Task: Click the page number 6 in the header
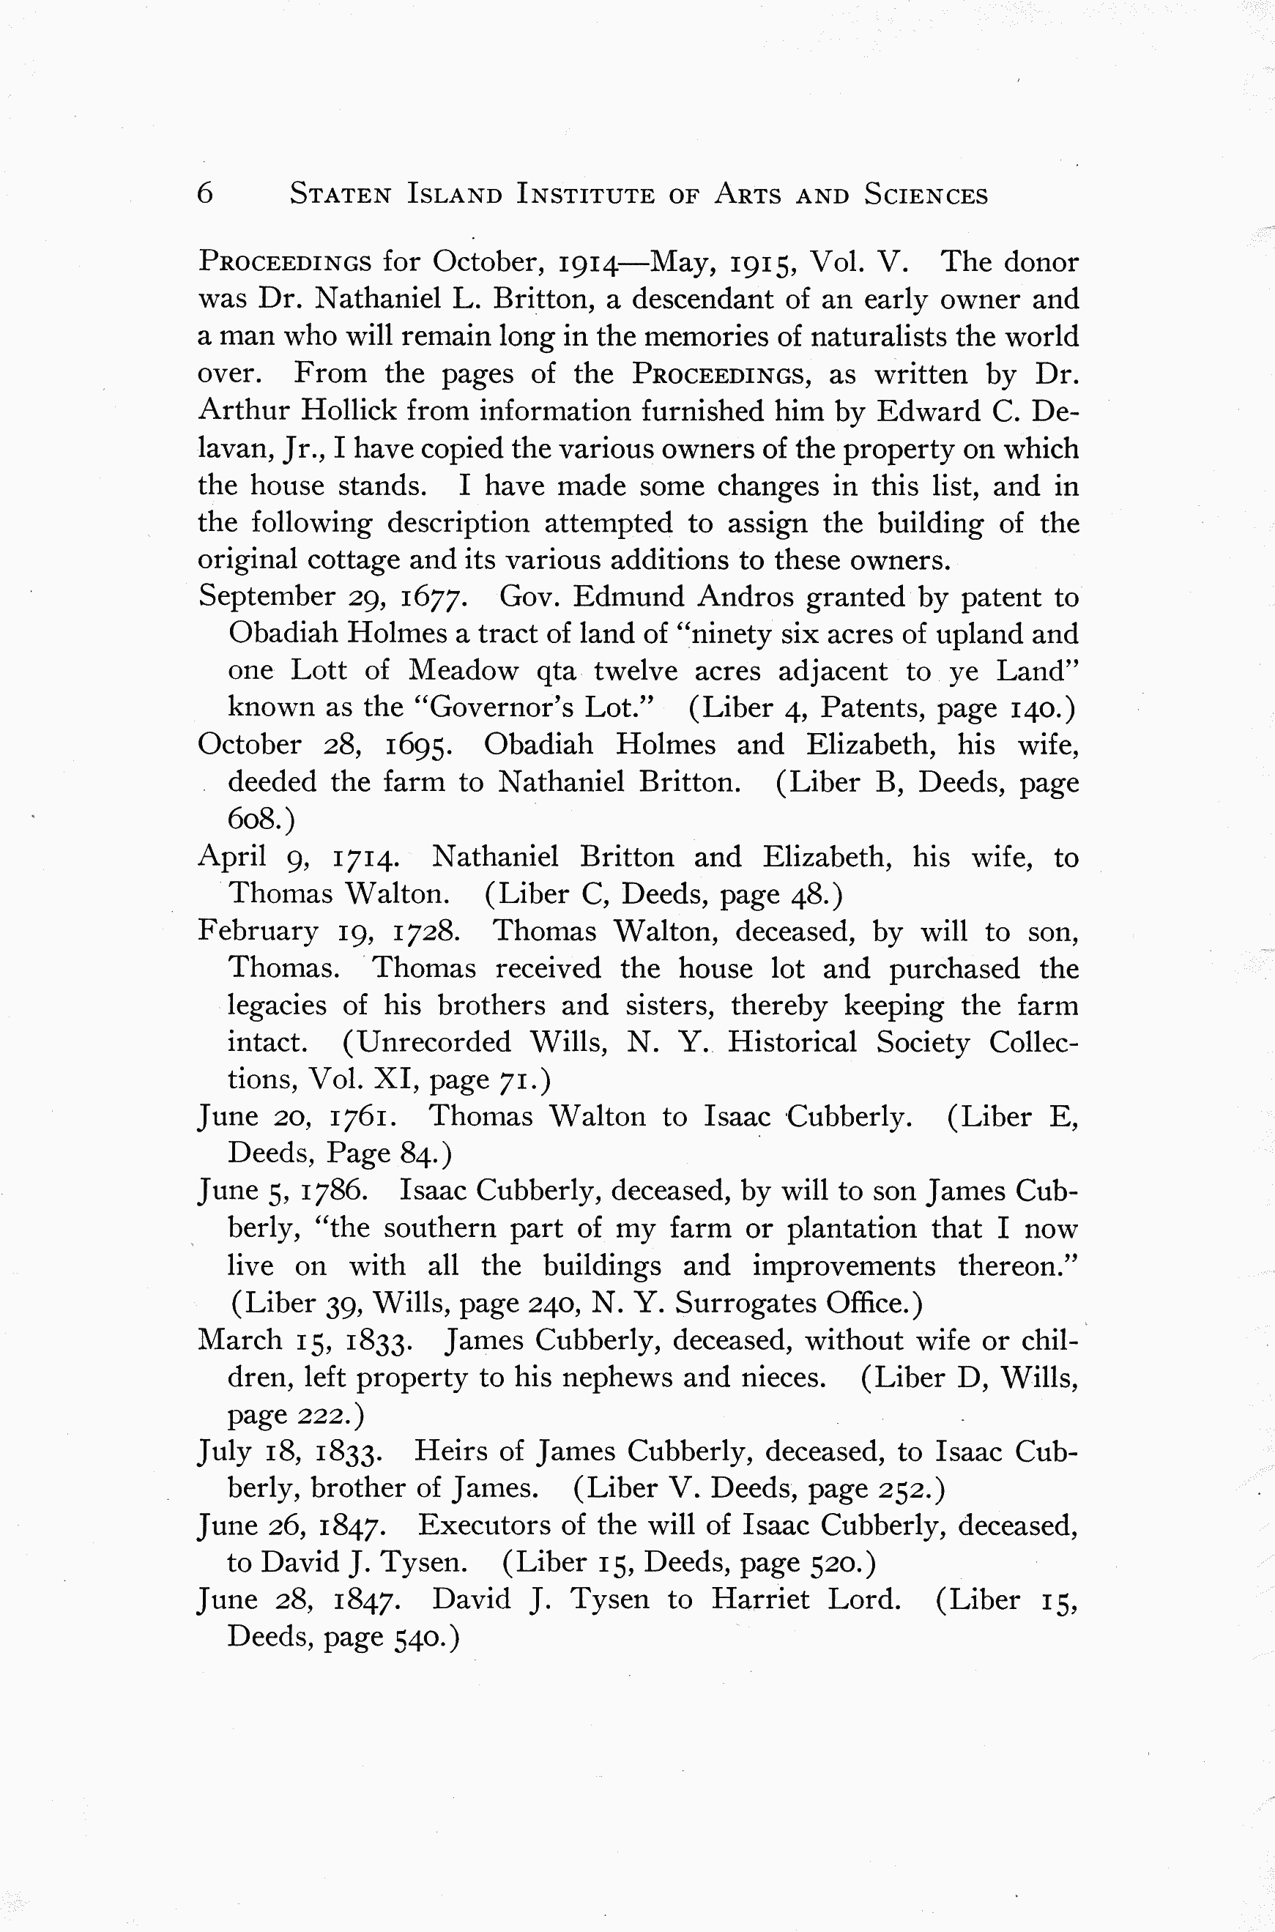(205, 193)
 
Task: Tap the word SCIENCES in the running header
(926, 195)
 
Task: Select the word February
(258, 931)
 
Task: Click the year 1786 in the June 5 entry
(335, 1192)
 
